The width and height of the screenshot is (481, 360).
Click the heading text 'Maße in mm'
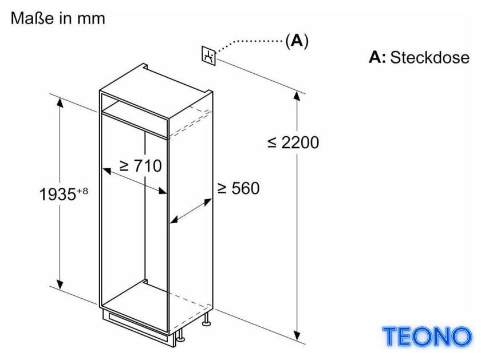pos(58,18)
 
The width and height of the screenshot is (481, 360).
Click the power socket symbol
pos(208,56)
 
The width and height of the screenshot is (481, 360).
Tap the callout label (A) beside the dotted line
pos(297,41)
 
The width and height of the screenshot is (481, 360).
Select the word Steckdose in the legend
pos(429,57)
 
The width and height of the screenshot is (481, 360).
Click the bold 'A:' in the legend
pos(377,57)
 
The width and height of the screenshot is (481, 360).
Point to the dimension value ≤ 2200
pos(293,143)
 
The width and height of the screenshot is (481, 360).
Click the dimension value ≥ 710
pos(140,166)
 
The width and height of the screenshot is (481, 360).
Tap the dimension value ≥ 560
pos(238,188)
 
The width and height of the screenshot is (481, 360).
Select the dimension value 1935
pos(58,194)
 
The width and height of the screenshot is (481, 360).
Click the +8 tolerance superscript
pos(82,191)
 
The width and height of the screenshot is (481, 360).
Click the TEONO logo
pos(427,337)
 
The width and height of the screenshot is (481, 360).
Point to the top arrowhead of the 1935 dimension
pos(60,102)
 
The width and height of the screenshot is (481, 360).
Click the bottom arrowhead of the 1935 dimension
pos(60,284)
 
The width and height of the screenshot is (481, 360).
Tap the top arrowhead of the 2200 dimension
pos(297,96)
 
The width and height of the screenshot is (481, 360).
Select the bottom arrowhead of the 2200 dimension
pos(297,336)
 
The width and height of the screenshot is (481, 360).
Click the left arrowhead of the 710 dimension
pos(107,171)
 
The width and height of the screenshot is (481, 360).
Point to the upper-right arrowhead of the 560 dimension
pos(208,201)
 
